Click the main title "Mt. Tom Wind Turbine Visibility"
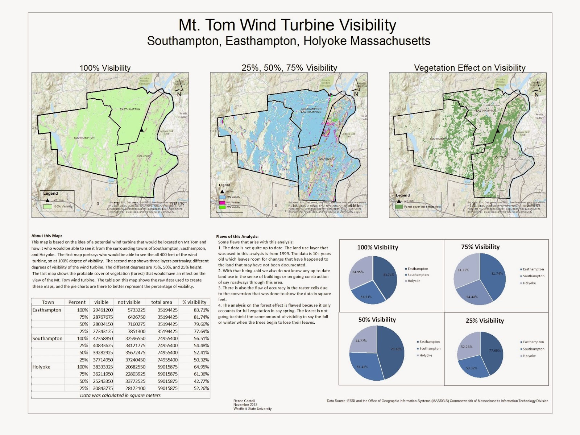[x=287, y=25]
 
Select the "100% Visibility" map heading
[x=105, y=68]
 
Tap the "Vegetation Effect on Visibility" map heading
[x=469, y=68]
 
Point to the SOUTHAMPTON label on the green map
[x=84, y=138]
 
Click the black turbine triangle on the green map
[x=142, y=129]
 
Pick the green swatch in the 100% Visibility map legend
[x=47, y=207]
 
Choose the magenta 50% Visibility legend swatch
[x=222, y=203]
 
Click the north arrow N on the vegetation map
[x=536, y=94]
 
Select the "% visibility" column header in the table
[x=194, y=302]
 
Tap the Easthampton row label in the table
[x=47, y=310]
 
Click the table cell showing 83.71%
[x=201, y=310]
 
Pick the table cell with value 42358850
[x=103, y=339]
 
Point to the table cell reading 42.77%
[x=201, y=381]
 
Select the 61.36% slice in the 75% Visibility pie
[x=466, y=272]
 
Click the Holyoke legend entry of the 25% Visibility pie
[x=529, y=356]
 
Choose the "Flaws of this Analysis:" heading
[x=237, y=236]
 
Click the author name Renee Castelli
[x=244, y=401]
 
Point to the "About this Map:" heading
[x=47, y=236]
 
